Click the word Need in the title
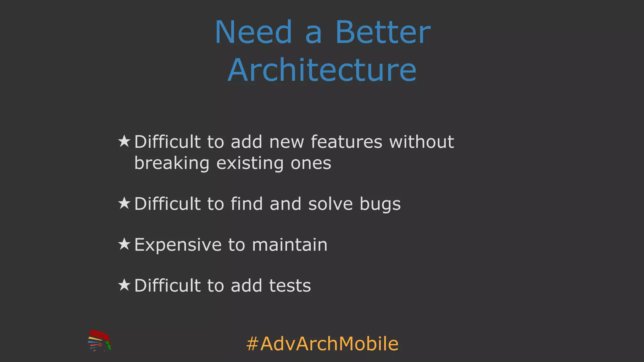point(253,32)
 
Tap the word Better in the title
point(383,32)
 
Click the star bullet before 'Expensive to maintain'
point(124,244)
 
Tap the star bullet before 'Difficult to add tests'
point(124,285)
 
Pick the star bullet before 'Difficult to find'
point(124,203)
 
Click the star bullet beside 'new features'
point(124,141)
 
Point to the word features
point(346,142)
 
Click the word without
point(421,142)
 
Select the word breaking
point(172,163)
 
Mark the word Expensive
point(178,245)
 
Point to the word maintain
point(290,245)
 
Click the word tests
point(290,286)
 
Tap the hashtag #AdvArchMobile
point(322,343)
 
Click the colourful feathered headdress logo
point(99,341)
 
